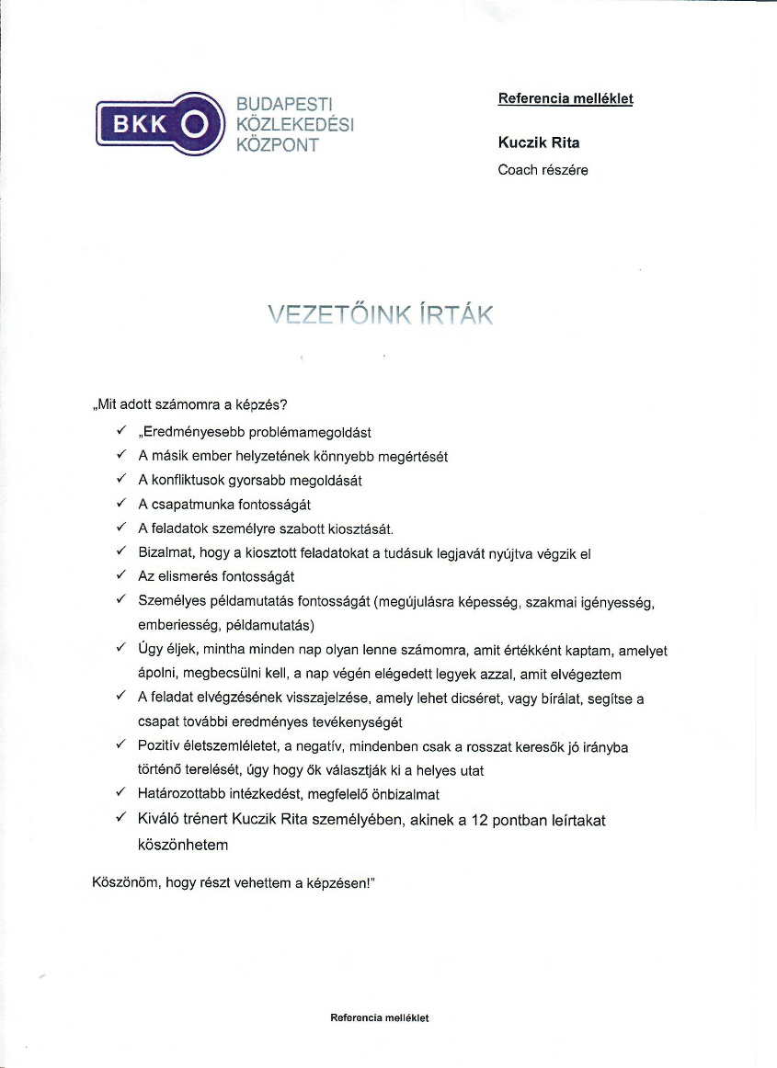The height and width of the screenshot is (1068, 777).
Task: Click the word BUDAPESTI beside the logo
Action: (x=283, y=103)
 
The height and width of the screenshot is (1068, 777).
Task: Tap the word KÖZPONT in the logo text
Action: (x=277, y=144)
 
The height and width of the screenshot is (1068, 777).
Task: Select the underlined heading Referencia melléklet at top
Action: (x=566, y=98)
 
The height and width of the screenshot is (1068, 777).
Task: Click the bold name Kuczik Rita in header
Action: (x=539, y=142)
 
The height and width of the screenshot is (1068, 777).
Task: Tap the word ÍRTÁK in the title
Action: (x=456, y=316)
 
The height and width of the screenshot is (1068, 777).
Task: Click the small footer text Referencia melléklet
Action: (x=380, y=1017)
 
